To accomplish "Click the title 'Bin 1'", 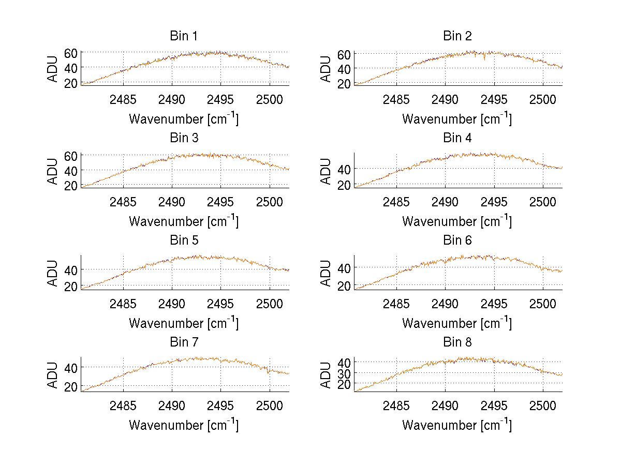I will click(x=184, y=36).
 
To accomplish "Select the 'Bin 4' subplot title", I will click(x=457, y=138).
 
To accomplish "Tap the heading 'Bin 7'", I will click(x=184, y=342).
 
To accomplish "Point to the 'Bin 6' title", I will click(x=457, y=240).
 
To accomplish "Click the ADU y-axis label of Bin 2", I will click(x=326, y=68).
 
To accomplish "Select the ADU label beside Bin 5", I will click(x=52, y=273).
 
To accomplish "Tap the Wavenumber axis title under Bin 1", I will click(x=184, y=119).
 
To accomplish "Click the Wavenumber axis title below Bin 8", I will click(x=457, y=425).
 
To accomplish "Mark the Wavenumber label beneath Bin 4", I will click(x=457, y=221).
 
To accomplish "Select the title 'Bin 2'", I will click(x=457, y=36).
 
